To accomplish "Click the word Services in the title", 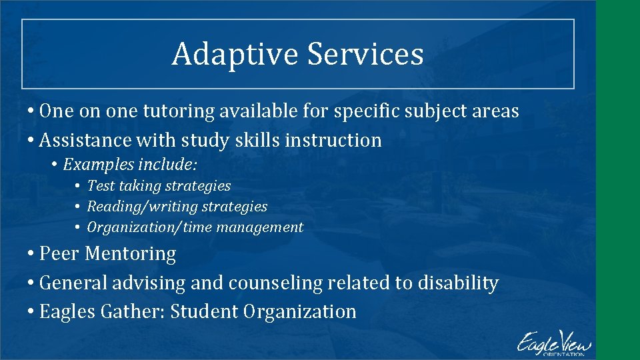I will coord(365,55).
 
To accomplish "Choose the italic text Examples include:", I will coord(130,164).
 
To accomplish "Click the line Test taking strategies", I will coord(159,186).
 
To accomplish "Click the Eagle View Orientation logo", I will coord(554,343).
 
